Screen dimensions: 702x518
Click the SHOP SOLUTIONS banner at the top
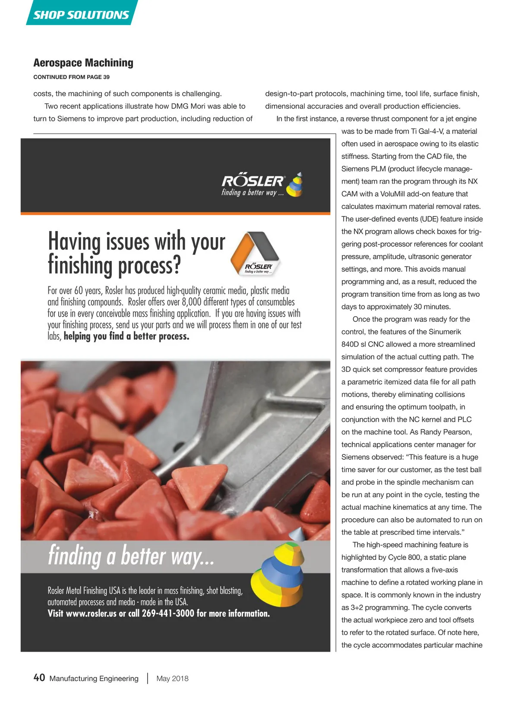click(81, 15)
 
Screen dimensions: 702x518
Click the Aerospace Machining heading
click(83, 63)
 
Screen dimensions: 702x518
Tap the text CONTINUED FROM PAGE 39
click(71, 77)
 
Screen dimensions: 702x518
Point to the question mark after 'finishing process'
click(176, 265)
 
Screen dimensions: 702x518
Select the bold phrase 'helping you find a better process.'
click(126, 336)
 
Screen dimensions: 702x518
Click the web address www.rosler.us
click(91, 613)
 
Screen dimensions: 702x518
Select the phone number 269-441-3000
click(168, 613)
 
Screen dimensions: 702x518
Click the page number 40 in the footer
click(39, 677)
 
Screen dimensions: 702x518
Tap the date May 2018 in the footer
click(172, 678)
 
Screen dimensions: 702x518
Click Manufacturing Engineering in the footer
click(94, 678)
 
